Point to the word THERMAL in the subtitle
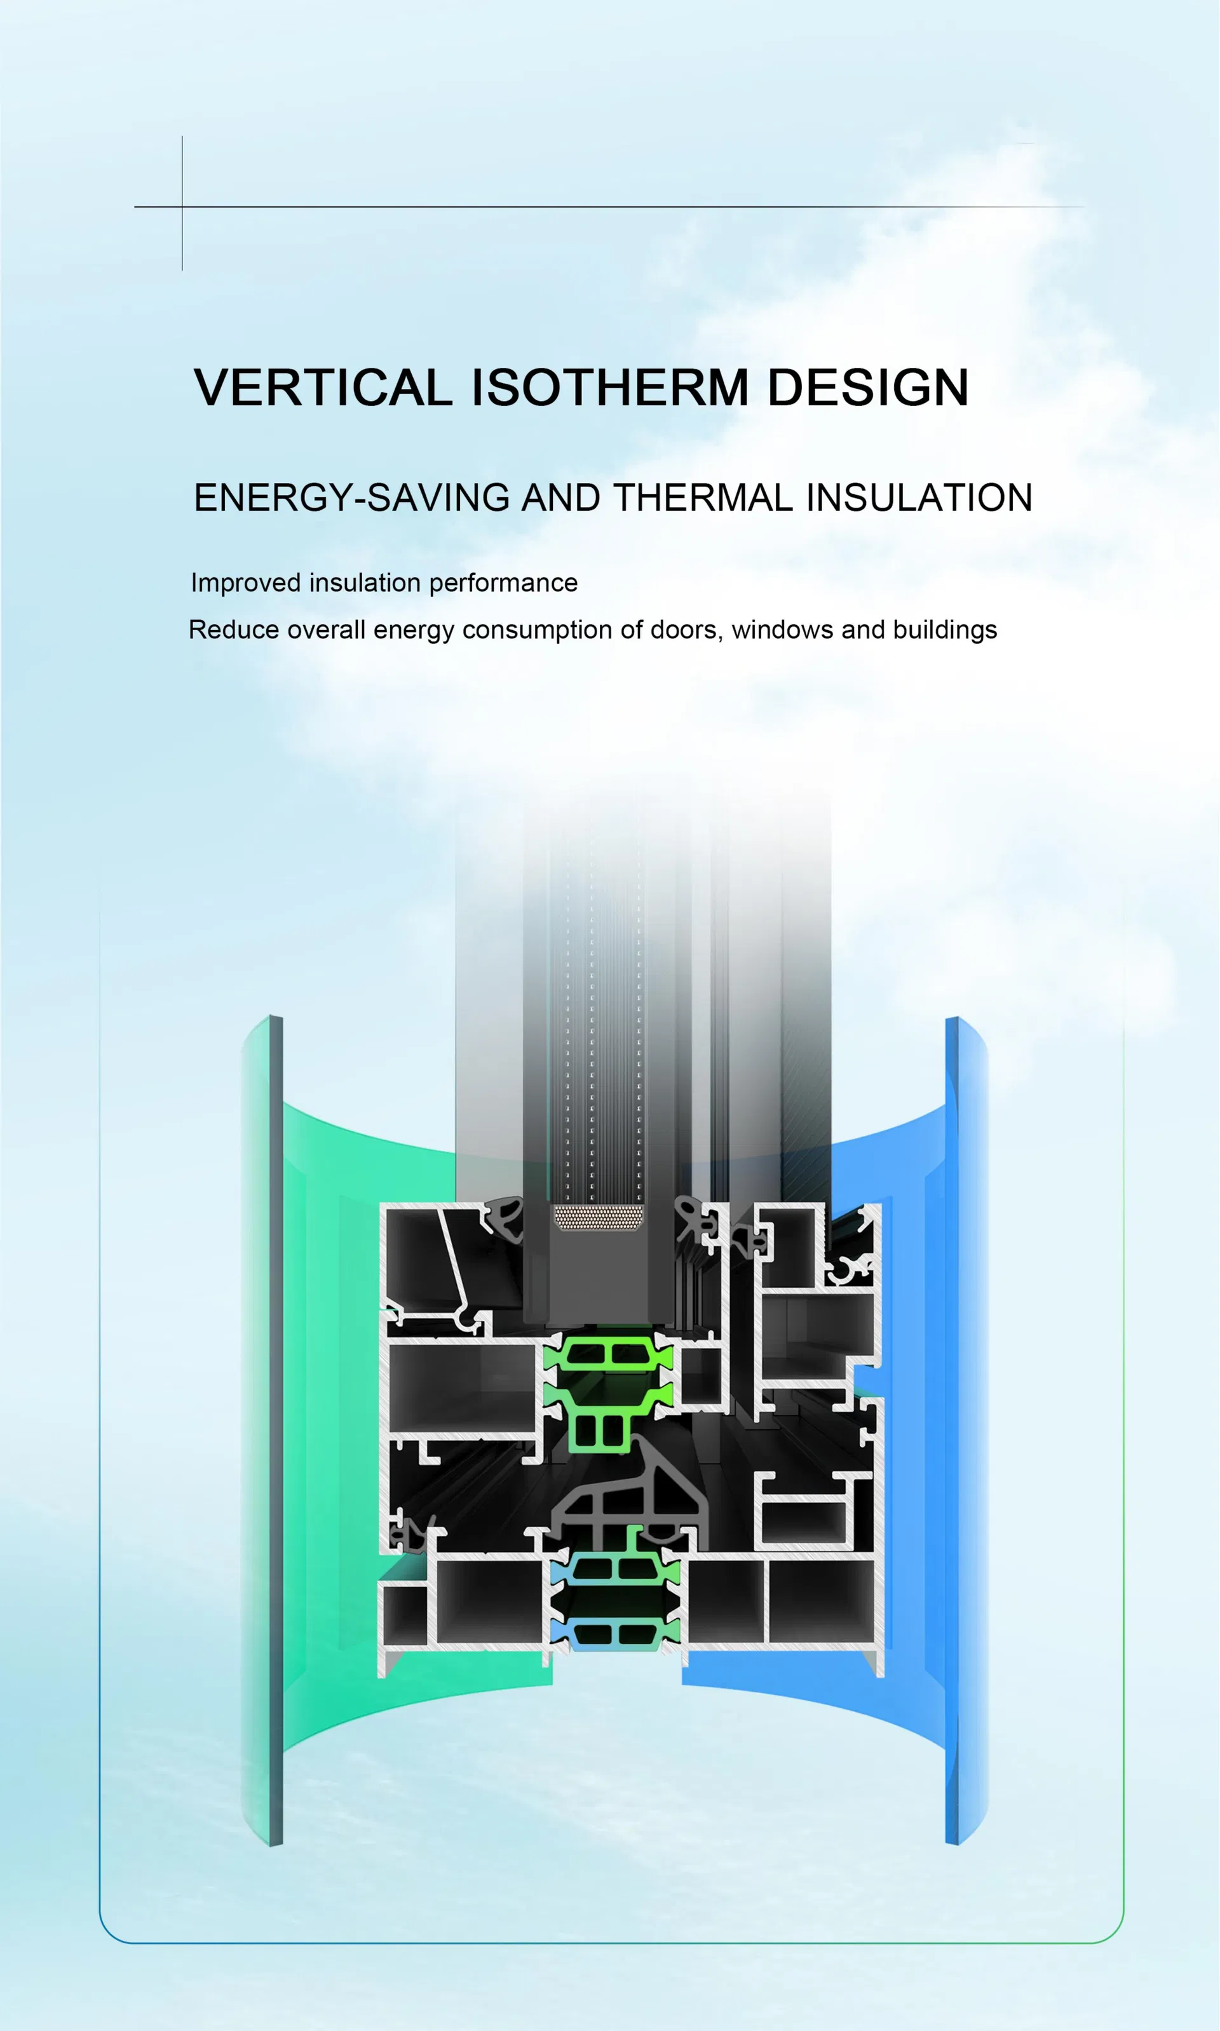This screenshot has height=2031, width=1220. pyautogui.click(x=703, y=498)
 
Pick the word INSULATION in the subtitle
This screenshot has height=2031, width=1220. pyautogui.click(x=919, y=498)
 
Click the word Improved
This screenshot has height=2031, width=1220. pyautogui.click(x=246, y=583)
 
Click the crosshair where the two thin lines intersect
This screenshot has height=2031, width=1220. pyautogui.click(x=182, y=207)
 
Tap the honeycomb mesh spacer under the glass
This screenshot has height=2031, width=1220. pyautogui.click(x=598, y=1218)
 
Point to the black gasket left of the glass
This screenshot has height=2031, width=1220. pyautogui.click(x=503, y=1218)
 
